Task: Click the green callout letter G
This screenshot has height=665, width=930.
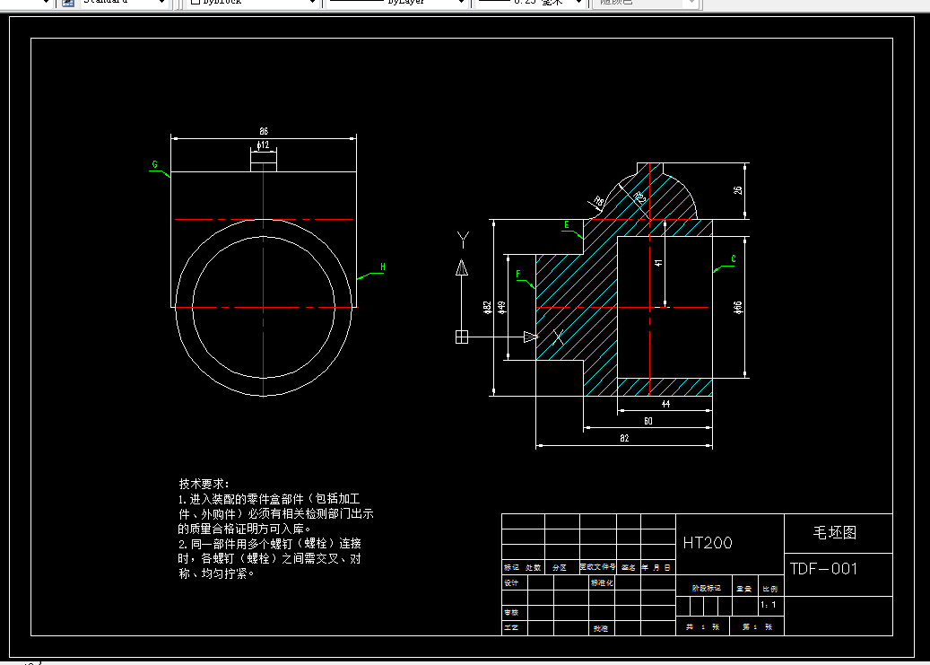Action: click(x=155, y=165)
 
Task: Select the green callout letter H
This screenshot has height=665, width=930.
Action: click(x=383, y=267)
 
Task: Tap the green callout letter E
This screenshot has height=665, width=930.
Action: click(x=566, y=223)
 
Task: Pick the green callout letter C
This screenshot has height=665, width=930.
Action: click(x=734, y=259)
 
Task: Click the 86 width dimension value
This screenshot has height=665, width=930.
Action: click(x=264, y=132)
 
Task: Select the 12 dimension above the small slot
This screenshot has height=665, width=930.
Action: click(x=264, y=144)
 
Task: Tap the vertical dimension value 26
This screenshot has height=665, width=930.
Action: click(x=738, y=190)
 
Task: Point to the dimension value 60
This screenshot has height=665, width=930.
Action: click(x=648, y=421)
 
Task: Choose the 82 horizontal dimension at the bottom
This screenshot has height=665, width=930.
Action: click(x=624, y=438)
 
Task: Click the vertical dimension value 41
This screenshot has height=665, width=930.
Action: click(x=658, y=263)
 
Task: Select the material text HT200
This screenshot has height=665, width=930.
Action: click(x=708, y=543)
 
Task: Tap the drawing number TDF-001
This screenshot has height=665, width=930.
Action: click(x=823, y=569)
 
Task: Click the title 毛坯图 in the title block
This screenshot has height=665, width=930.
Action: click(x=835, y=532)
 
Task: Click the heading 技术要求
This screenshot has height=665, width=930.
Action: click(x=204, y=483)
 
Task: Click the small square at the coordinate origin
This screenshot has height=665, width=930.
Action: click(x=462, y=337)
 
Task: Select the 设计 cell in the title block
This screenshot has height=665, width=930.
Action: click(x=512, y=582)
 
